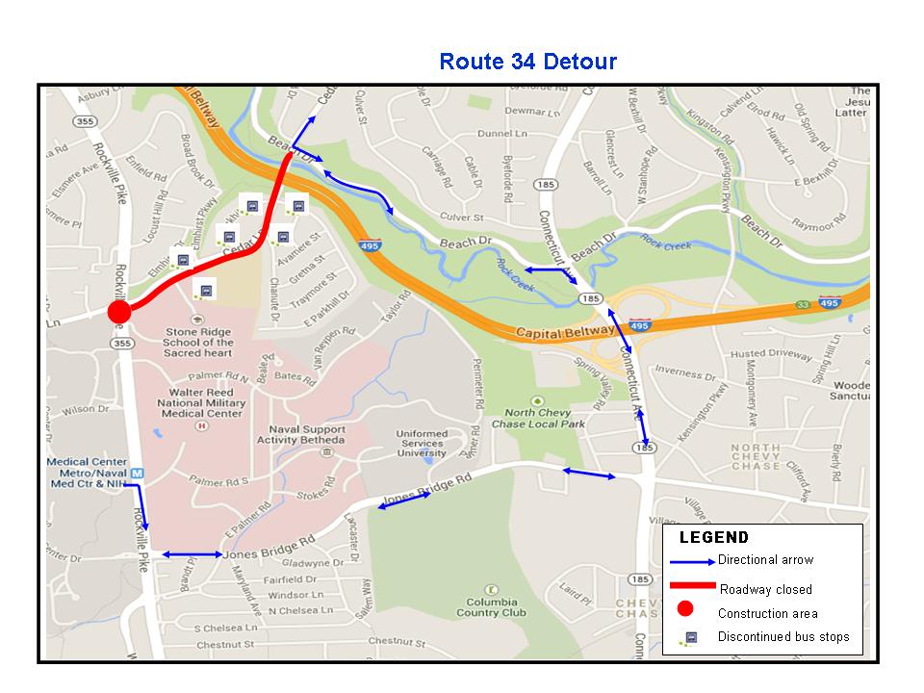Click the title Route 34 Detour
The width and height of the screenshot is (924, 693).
527,62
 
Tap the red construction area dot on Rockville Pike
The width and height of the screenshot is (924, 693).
118,312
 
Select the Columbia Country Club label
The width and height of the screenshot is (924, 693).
492,606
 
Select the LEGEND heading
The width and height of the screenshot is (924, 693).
713,538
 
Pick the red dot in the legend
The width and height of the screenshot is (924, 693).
684,608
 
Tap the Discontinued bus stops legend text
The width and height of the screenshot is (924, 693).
783,637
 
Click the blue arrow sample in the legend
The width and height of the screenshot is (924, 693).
693,561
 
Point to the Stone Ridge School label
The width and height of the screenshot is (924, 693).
197,342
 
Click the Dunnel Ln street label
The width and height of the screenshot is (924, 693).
498,135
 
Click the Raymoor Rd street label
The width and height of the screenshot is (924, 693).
817,226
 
